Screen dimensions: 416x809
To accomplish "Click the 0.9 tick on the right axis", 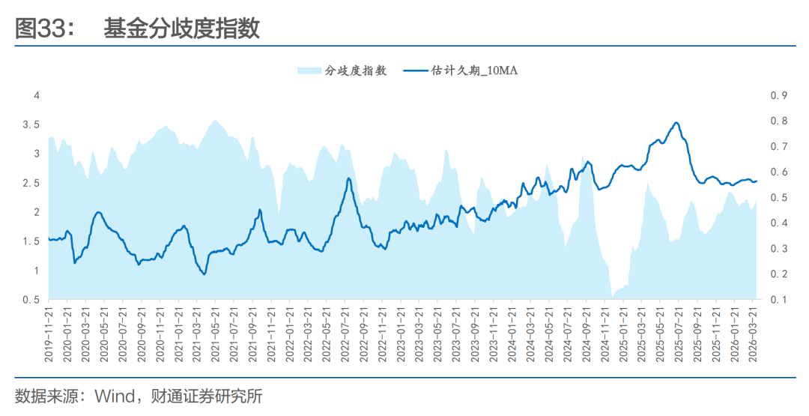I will (x=778, y=95).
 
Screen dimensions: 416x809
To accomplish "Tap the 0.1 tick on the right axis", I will (x=778, y=300).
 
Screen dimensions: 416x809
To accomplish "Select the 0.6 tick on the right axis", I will (x=778, y=172).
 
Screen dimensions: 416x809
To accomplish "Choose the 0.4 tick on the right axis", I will (x=778, y=223).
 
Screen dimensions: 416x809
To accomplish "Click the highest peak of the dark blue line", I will (x=676, y=123).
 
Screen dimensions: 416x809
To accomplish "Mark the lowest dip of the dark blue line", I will (x=203, y=274).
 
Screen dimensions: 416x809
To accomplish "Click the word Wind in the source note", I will (x=113, y=396).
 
